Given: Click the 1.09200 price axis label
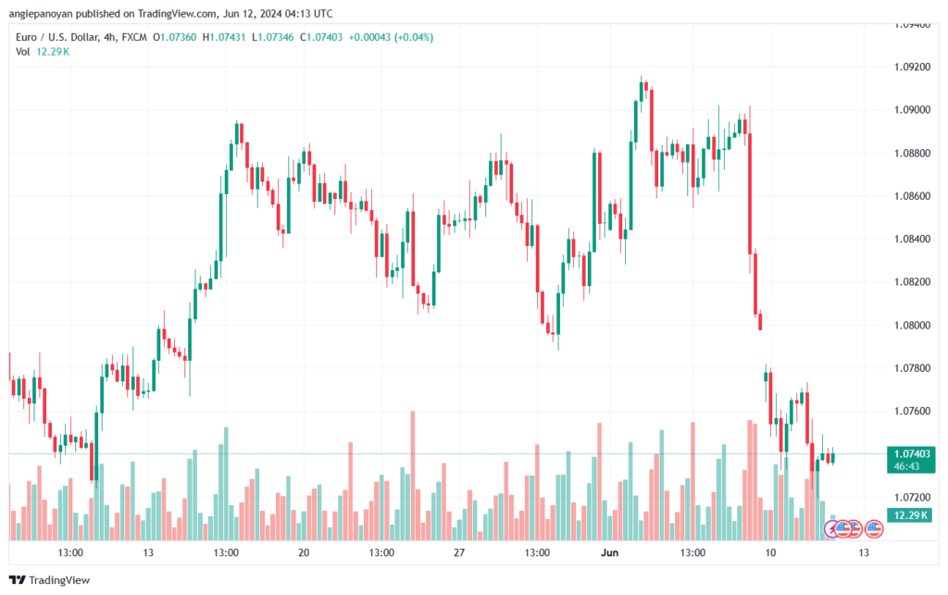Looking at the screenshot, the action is coord(912,67).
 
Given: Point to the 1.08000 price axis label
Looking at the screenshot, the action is coord(912,325).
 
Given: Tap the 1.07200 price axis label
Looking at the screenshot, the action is coord(912,497).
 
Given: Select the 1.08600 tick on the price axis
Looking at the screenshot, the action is coord(912,196).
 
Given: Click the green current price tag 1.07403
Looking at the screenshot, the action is coord(911,453).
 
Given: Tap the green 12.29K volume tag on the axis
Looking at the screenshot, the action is coord(910,515).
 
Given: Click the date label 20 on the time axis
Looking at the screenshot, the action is coord(304,552).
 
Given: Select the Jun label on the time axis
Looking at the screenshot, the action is coord(609,552).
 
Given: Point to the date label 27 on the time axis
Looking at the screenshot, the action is coord(459,552).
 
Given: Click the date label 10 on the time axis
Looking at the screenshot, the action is coord(769,552).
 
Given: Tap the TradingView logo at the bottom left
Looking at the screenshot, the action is coord(50,580).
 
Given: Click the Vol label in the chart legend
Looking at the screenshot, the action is coord(23,52).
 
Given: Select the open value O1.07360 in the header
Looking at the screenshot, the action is coord(175,37).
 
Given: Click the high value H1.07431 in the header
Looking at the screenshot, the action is coord(224,37).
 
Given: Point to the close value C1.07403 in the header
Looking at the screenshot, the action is coord(321,37).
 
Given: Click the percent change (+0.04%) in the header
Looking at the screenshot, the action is coord(414,37).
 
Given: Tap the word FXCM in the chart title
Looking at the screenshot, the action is coord(134,37).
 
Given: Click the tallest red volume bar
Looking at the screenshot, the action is coord(413,476).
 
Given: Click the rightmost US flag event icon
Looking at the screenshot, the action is coord(874,529).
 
